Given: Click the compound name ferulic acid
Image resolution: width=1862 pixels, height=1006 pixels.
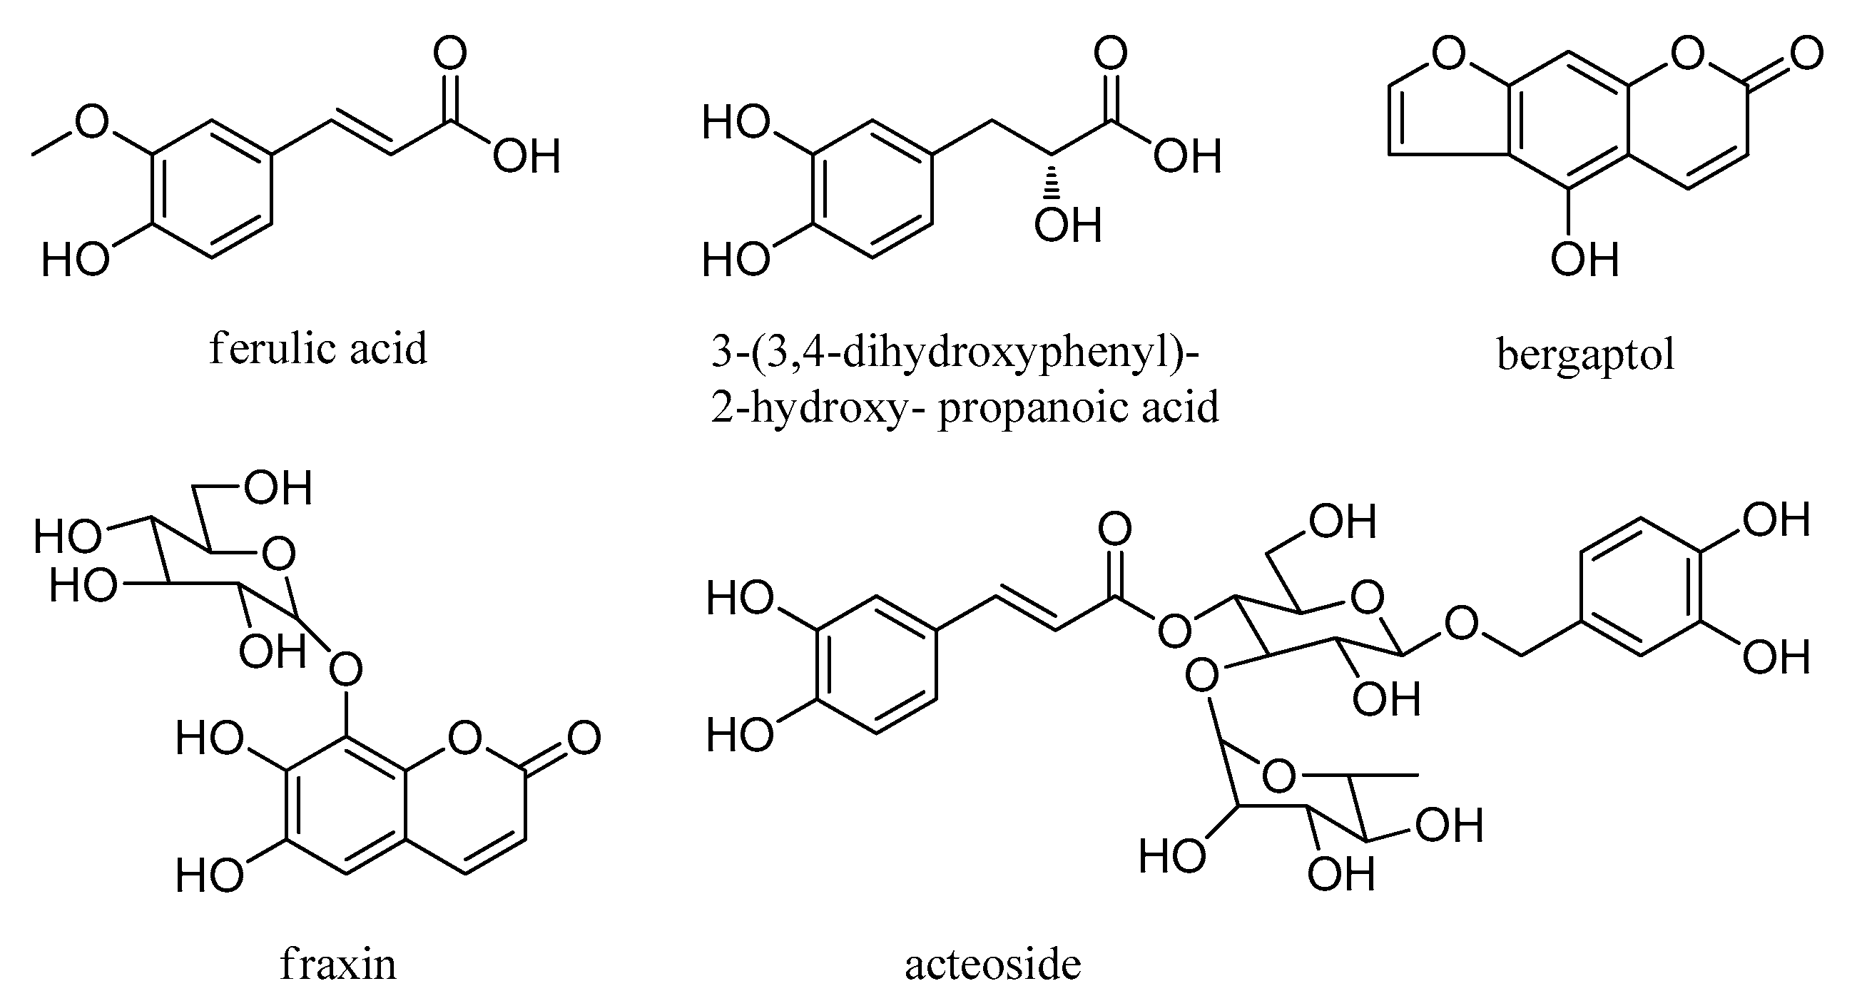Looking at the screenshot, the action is [x=318, y=349].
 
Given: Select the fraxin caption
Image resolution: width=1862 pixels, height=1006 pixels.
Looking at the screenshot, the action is [x=338, y=965].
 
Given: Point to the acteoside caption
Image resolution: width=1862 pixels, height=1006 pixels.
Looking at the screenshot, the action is [x=992, y=965].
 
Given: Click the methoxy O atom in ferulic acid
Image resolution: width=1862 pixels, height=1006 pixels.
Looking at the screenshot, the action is [x=92, y=121].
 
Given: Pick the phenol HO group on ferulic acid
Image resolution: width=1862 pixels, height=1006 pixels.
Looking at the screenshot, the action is [x=74, y=260].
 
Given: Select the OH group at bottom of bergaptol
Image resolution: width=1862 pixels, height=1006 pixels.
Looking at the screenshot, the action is [x=1584, y=260].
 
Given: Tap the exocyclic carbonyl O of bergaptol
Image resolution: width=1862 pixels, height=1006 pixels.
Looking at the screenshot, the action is [x=1806, y=54].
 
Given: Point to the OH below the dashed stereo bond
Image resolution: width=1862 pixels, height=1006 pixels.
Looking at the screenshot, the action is [x=1067, y=225].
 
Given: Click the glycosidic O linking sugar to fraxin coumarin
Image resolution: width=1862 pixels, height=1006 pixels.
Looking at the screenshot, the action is [x=345, y=671].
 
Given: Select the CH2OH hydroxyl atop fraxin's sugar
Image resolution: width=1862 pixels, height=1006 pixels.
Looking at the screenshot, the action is [x=278, y=488].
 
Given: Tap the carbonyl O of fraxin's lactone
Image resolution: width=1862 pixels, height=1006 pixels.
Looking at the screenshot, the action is [x=584, y=738].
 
